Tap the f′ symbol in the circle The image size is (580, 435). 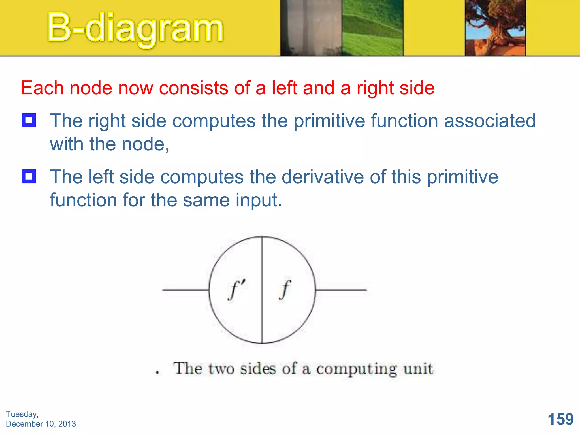point(237,289)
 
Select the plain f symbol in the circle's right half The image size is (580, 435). point(285,289)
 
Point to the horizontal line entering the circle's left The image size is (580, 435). point(185,290)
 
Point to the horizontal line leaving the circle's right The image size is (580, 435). point(341,290)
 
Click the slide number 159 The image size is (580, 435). point(560,419)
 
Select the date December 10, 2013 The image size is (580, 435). point(41,424)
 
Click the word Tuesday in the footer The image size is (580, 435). point(22,414)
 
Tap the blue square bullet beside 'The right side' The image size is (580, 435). point(29,120)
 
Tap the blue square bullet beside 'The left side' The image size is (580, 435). point(29,176)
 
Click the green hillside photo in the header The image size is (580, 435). point(372,28)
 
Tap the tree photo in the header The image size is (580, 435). point(495,28)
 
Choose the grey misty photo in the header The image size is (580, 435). point(311,28)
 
